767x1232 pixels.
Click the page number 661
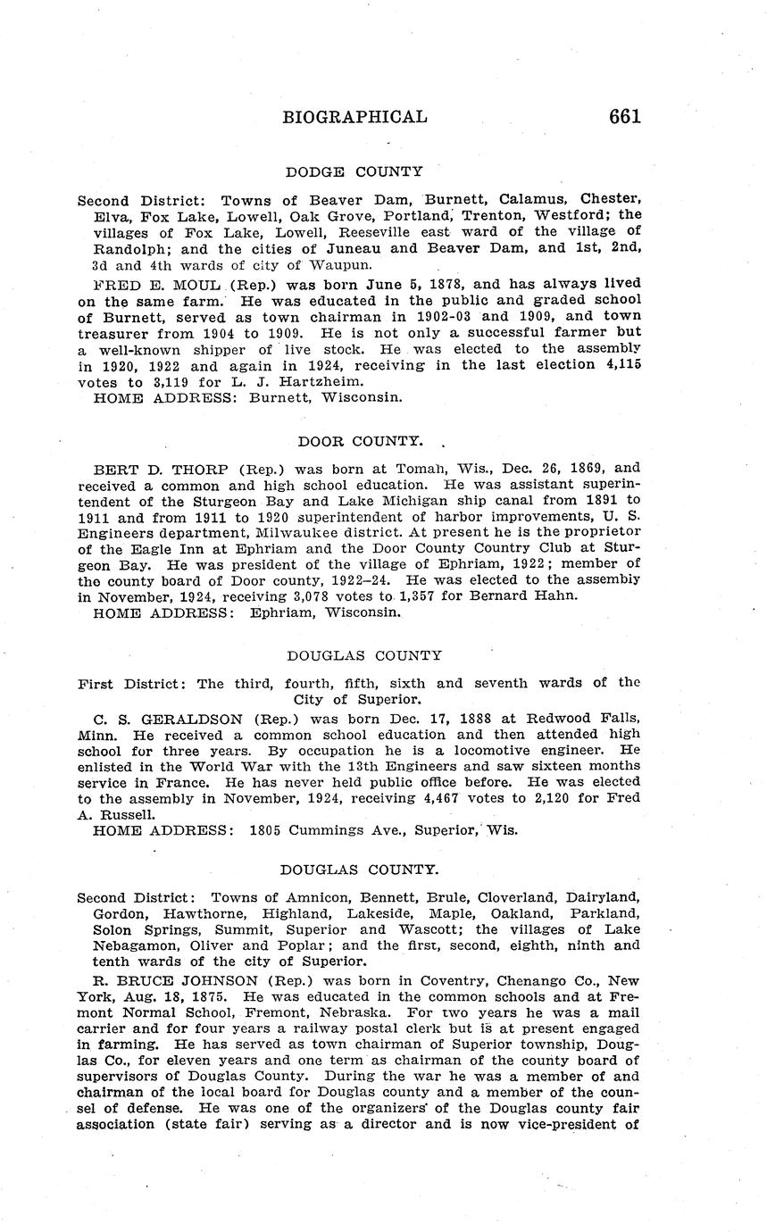tap(624, 117)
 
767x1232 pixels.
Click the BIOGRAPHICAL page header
tap(354, 117)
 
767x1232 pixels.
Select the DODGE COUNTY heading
tap(354, 171)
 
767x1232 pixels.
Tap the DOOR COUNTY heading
tap(360, 441)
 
